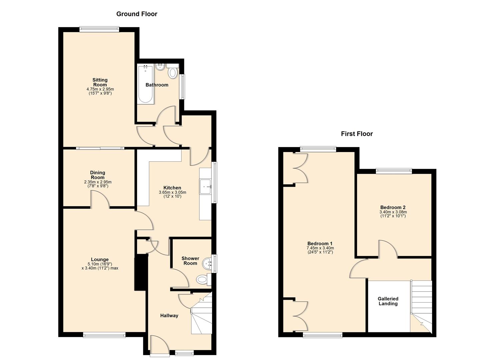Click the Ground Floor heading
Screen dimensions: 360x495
pyautogui.click(x=137, y=14)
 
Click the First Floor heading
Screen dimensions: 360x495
pyautogui.click(x=357, y=134)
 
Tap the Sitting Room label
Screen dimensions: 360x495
pyautogui.click(x=100, y=82)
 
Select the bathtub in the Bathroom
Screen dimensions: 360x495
pyautogui.click(x=146, y=84)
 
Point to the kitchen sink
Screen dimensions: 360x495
pyautogui.click(x=205, y=186)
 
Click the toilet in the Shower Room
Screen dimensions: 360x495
pyautogui.click(x=202, y=279)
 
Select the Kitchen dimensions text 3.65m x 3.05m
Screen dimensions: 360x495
pyautogui.click(x=172, y=192)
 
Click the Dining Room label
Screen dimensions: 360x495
pyautogui.click(x=98, y=175)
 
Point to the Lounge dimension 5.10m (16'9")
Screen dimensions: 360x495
pyautogui.click(x=100, y=264)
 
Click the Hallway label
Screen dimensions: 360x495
pyautogui.click(x=169, y=316)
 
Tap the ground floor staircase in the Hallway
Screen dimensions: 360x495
pyautogui.click(x=201, y=315)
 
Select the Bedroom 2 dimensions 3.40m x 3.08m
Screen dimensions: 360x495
pyautogui.click(x=393, y=212)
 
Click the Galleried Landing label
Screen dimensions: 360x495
pyautogui.click(x=388, y=301)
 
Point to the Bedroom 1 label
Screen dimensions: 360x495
pyautogui.click(x=320, y=244)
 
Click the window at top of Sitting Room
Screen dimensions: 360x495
pyautogui.click(x=99, y=29)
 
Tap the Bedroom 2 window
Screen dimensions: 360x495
pyautogui.click(x=394, y=171)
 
